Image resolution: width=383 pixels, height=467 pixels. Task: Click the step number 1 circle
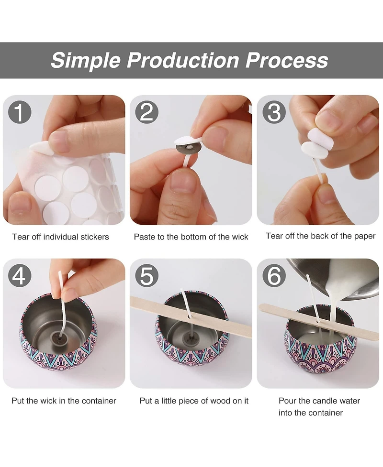tap(20, 112)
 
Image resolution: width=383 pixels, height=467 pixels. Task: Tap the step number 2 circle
tap(147, 112)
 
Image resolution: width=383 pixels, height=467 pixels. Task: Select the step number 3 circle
tap(274, 112)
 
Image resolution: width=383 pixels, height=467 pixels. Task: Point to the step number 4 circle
tap(20, 275)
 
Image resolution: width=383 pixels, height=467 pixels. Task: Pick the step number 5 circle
tap(147, 275)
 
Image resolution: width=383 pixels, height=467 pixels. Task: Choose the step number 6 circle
tap(274, 275)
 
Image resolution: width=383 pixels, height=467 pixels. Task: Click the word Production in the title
tap(183, 60)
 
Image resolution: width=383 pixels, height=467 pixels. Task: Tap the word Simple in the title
tap(86, 61)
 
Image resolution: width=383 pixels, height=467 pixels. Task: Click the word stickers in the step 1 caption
tap(94, 237)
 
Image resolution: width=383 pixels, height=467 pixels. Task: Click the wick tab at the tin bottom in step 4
tap(56, 337)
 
